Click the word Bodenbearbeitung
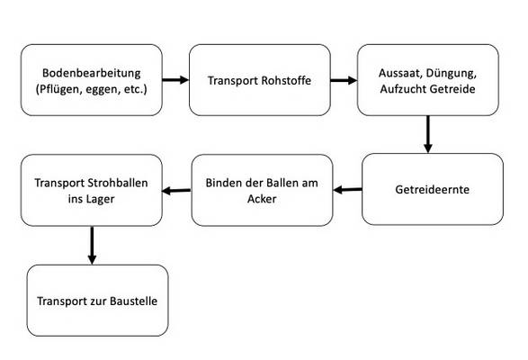pyautogui.click(x=91, y=73)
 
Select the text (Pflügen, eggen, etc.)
pyautogui.click(x=91, y=89)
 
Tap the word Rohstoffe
pyautogui.click(x=286, y=81)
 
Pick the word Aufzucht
pyautogui.click(x=404, y=89)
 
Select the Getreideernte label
pyautogui.click(x=432, y=189)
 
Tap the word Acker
pyautogui.click(x=262, y=199)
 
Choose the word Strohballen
pyautogui.click(x=118, y=183)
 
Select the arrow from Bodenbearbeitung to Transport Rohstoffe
pyautogui.click(x=175, y=80)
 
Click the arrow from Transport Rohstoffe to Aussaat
pyautogui.click(x=344, y=80)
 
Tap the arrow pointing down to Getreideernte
pyautogui.click(x=427, y=134)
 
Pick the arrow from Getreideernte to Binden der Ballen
pyautogui.click(x=347, y=190)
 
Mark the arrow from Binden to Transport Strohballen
pyautogui.click(x=176, y=191)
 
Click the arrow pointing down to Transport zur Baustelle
pyautogui.click(x=92, y=245)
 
